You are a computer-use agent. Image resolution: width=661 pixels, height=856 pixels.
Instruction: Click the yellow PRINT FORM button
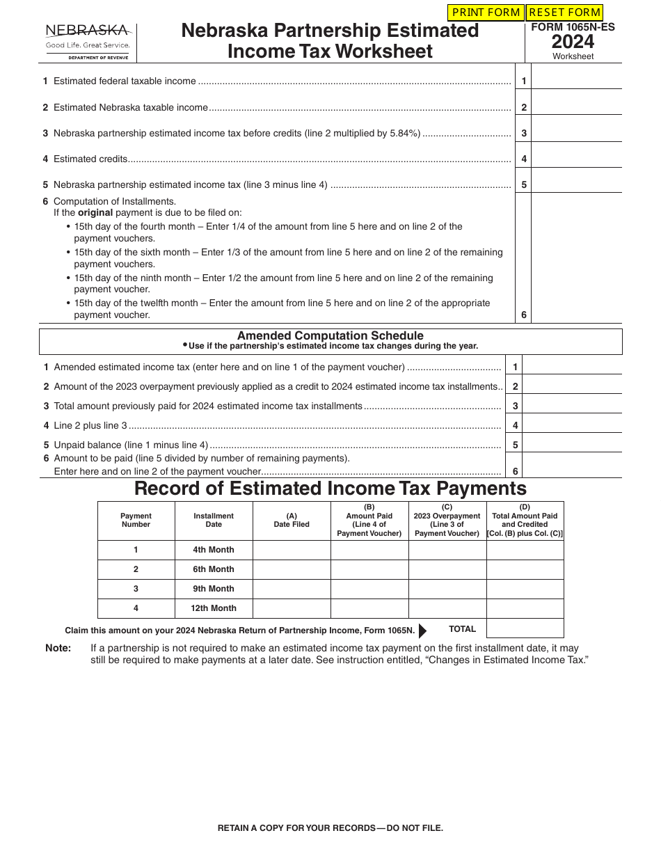tap(486, 13)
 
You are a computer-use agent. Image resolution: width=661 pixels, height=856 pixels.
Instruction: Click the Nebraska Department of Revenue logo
tap(88, 42)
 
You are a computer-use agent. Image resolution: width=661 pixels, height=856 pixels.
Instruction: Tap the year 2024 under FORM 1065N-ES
tap(573, 41)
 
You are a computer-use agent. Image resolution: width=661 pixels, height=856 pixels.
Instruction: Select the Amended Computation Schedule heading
tap(330, 335)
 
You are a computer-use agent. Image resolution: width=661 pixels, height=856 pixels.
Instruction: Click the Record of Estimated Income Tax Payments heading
tap(330, 489)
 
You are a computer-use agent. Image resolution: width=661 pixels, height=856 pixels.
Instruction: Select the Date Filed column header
tap(292, 521)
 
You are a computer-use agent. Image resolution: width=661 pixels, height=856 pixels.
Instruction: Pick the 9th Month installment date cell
tap(214, 589)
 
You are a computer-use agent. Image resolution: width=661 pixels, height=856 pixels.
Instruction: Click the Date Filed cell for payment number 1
tap(292, 550)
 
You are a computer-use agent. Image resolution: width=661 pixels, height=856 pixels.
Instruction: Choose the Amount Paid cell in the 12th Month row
tap(369, 608)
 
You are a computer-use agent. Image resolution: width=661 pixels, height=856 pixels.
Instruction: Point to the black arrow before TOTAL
tap(422, 631)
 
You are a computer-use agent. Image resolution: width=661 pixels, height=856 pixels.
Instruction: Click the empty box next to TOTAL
tap(525, 628)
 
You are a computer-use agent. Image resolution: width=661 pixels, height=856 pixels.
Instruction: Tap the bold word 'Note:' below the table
tap(58, 648)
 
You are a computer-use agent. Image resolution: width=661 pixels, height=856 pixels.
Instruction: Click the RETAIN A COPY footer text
tap(330, 828)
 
